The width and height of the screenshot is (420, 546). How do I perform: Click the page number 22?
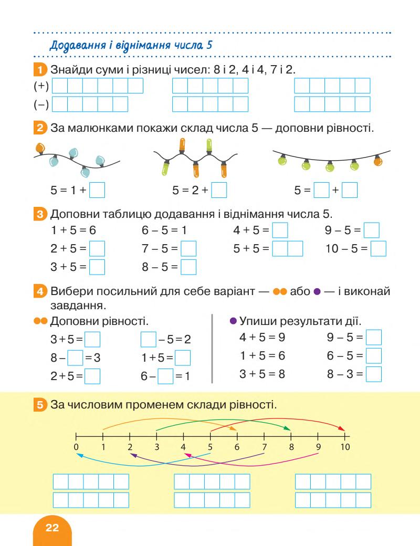click(52, 528)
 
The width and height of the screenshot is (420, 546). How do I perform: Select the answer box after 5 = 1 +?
click(97, 190)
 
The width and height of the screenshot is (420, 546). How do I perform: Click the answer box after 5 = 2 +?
click(218, 190)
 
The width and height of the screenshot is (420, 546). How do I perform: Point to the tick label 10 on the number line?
click(344, 447)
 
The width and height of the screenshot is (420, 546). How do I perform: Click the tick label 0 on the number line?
click(76, 447)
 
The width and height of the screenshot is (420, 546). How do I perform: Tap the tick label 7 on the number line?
click(264, 447)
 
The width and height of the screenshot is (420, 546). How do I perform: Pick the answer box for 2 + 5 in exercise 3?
click(97, 248)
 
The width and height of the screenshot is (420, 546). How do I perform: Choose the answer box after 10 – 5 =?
click(378, 248)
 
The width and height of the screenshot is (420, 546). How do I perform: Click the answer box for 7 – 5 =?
click(188, 248)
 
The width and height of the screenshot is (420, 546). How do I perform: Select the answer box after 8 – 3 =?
click(373, 374)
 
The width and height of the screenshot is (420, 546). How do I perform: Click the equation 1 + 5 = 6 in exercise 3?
click(73, 230)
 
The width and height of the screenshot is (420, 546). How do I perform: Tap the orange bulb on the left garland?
click(39, 148)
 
